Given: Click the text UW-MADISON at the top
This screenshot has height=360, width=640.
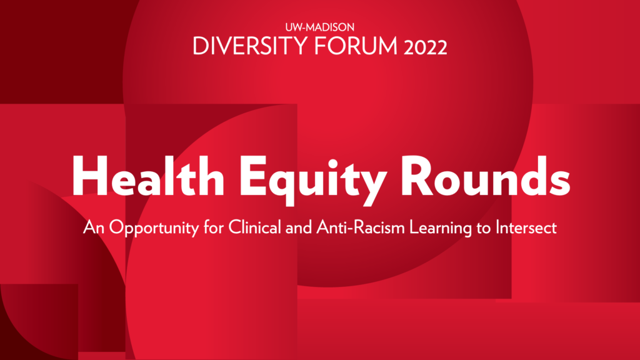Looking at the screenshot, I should (x=319, y=27).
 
